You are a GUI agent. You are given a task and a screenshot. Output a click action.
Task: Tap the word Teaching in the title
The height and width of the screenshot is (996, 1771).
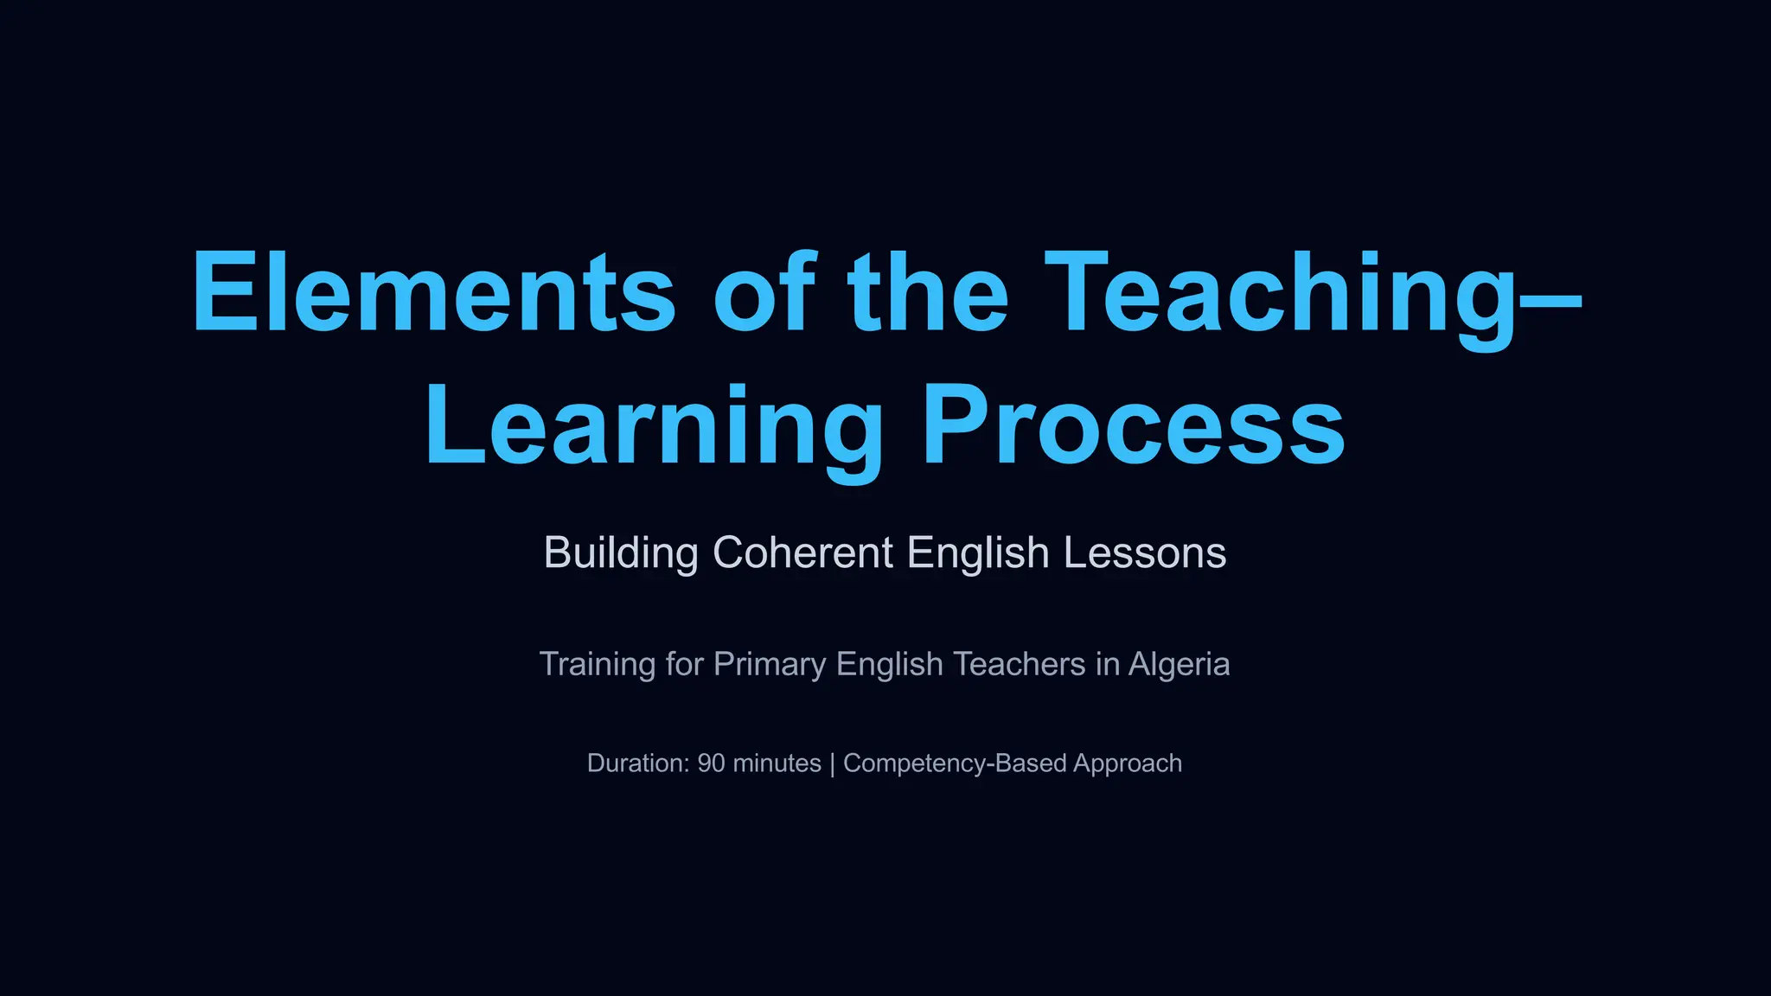[x=1280, y=291]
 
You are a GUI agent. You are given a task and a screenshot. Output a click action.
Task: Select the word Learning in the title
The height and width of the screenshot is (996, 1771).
[x=654, y=426]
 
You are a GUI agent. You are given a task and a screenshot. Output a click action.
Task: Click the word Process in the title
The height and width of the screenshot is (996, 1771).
[x=1133, y=426]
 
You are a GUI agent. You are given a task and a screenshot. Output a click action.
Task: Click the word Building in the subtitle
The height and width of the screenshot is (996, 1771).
[x=621, y=552]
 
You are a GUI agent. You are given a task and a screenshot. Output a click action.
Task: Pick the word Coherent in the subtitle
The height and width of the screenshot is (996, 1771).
[x=803, y=552]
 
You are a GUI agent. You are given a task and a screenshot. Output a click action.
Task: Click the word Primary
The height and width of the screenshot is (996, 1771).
[x=770, y=664]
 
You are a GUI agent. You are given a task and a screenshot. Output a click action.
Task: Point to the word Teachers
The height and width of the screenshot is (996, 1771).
[x=1019, y=664]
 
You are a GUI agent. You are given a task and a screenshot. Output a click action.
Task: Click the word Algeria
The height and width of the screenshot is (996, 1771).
[x=1179, y=664]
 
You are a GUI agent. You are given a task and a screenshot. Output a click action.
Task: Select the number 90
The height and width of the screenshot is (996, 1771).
[x=711, y=763]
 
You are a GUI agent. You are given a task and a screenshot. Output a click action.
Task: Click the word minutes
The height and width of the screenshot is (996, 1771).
[x=777, y=763]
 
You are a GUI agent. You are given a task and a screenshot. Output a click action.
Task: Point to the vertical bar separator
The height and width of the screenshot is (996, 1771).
[x=832, y=763]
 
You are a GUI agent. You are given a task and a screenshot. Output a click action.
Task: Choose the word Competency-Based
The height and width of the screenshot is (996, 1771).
[x=955, y=763]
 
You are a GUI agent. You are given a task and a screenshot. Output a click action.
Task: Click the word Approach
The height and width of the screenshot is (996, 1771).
[x=1128, y=763]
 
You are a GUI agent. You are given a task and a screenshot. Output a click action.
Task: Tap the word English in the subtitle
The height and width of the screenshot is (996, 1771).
[x=978, y=552]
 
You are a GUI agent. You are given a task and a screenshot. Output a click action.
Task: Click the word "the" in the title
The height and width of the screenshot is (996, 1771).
[x=927, y=291]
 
